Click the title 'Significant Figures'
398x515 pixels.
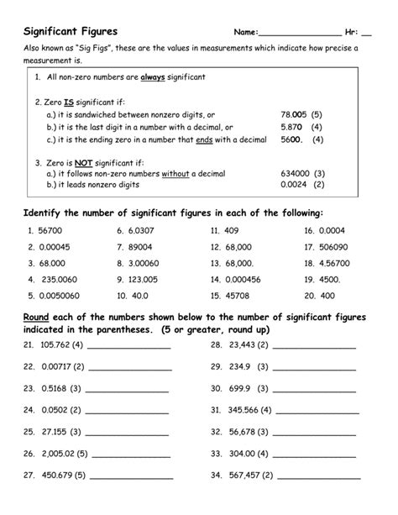pos(70,32)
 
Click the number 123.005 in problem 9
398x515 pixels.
pos(144,279)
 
